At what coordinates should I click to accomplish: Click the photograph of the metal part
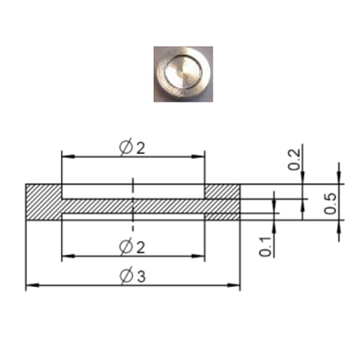click(184, 74)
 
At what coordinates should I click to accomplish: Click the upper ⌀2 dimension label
click(132, 148)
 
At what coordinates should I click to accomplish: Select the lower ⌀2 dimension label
click(132, 247)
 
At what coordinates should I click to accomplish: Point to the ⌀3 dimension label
click(132, 276)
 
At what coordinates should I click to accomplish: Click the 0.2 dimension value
click(294, 159)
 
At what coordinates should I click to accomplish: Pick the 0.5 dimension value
click(330, 203)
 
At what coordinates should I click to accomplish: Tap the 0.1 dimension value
click(265, 247)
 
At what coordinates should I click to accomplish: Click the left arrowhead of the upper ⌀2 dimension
click(68, 157)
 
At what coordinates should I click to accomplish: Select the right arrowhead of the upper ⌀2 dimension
click(198, 157)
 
